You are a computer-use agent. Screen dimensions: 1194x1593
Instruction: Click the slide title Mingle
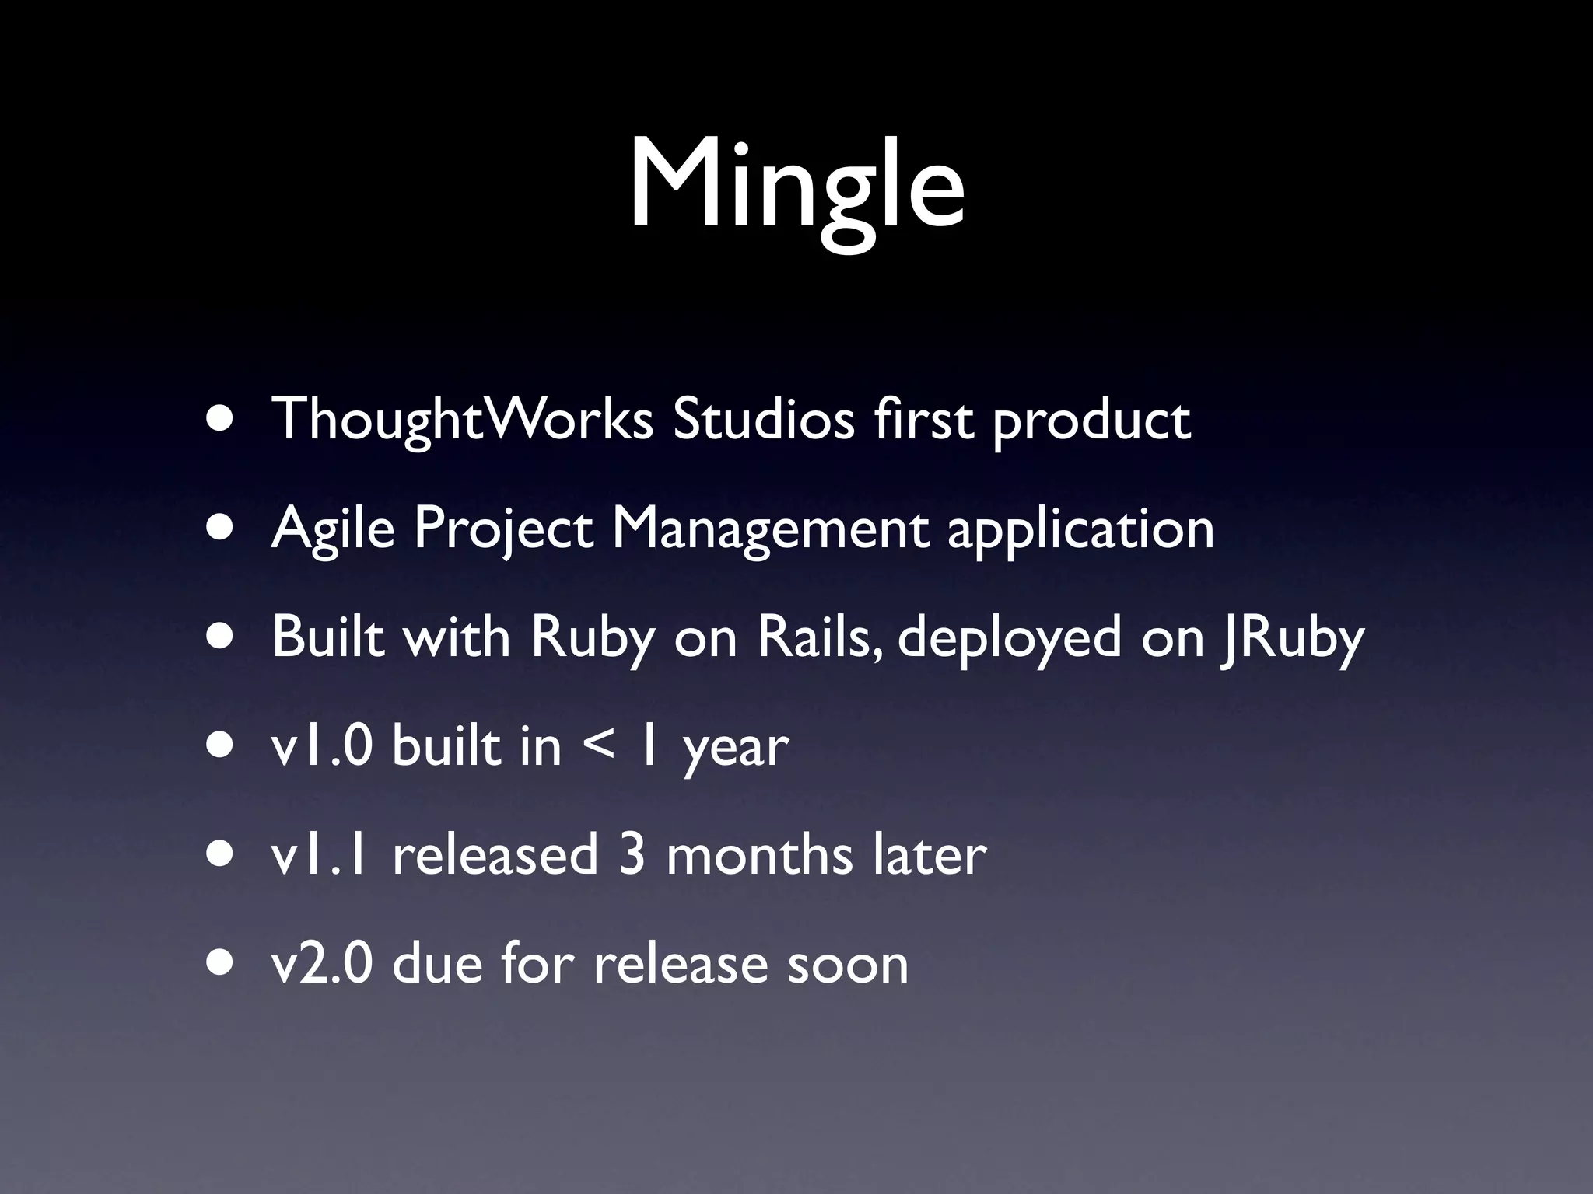click(796, 187)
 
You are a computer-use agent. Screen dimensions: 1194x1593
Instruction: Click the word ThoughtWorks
click(462, 421)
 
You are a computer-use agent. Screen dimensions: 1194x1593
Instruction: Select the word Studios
click(763, 421)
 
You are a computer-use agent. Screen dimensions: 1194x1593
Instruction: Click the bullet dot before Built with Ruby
click(220, 638)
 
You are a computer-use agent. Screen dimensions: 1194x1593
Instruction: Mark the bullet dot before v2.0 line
click(220, 965)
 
